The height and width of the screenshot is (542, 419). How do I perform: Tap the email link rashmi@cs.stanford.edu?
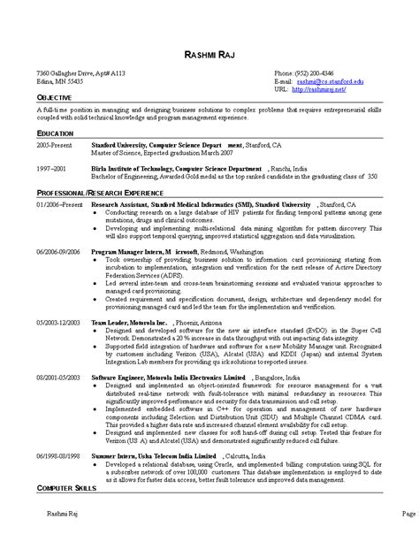tap(331, 80)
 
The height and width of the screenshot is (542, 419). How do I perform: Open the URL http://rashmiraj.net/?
tap(318, 89)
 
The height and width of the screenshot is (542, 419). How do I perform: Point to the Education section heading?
tap(55, 131)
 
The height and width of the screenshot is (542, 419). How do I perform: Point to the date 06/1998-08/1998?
tap(58, 454)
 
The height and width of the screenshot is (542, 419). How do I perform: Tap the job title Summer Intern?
tap(116, 454)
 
